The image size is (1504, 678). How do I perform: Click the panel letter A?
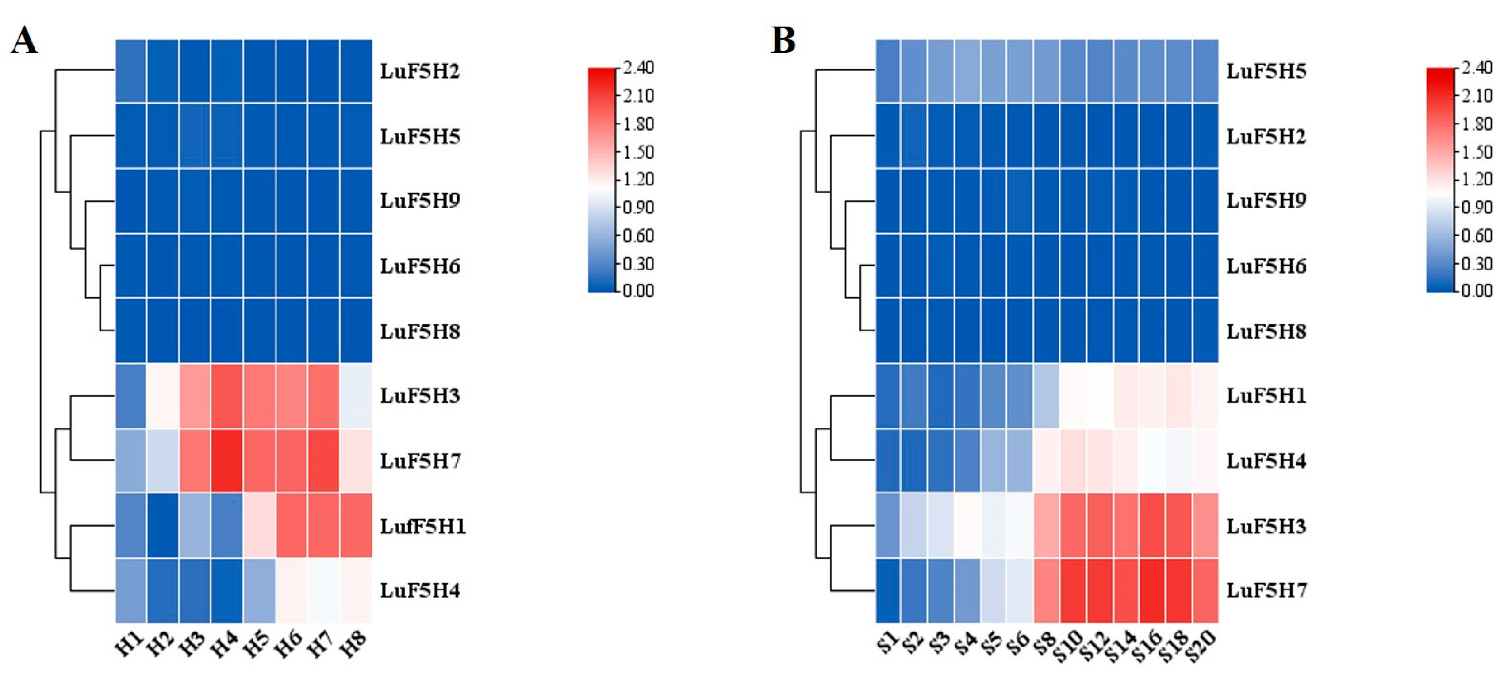click(24, 41)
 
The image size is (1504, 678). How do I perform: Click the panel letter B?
click(783, 41)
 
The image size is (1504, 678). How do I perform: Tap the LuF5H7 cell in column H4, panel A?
click(226, 461)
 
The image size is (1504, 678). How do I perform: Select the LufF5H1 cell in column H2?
click(163, 526)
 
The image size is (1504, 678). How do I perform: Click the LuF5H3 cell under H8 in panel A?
click(356, 396)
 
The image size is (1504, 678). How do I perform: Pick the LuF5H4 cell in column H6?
click(291, 590)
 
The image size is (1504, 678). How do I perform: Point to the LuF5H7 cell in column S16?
click(1152, 590)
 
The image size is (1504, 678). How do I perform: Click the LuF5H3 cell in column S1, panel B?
click(887, 526)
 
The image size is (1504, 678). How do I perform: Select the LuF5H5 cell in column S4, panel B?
click(967, 71)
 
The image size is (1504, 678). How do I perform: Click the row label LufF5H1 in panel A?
click(423, 526)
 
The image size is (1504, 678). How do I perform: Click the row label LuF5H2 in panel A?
click(420, 71)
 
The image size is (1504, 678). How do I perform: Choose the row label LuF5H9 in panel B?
click(1266, 201)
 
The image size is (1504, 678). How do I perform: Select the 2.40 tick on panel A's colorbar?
click(637, 68)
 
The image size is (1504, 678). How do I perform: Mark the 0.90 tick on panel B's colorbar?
click(1477, 207)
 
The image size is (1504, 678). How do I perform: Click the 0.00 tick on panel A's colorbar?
click(637, 291)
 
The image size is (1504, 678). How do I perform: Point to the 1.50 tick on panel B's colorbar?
click(1477, 152)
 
